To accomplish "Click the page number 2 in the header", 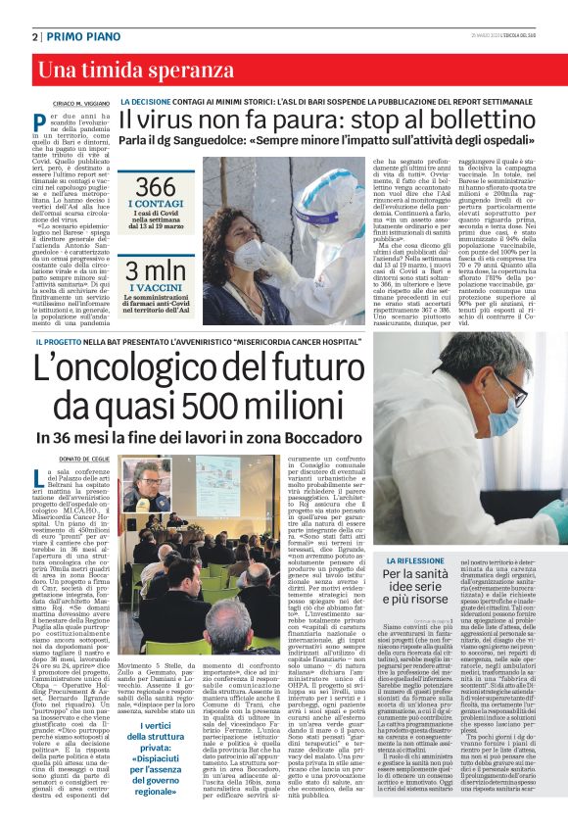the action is tap(35, 35).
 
